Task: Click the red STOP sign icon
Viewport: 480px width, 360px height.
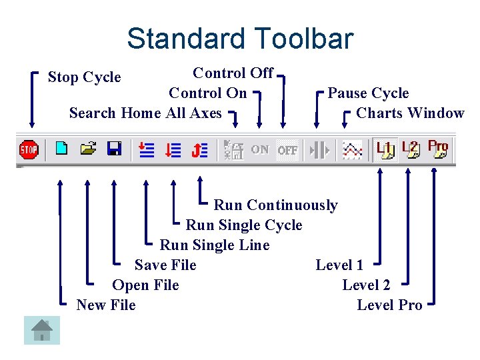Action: coord(29,149)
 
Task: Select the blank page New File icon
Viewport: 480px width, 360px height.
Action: coord(61,149)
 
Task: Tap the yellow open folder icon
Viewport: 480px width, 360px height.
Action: coord(88,149)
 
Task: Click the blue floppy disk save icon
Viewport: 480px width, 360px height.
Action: coord(114,149)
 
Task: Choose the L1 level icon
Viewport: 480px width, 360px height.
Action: coord(385,149)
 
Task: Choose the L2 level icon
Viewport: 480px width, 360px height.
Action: coord(411,149)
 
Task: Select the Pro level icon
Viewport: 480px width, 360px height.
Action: coord(438,149)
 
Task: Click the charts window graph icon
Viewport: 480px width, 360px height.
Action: coord(351,149)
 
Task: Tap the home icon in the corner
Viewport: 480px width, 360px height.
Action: coord(42,329)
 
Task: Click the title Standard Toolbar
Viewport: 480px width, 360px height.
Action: coord(240,39)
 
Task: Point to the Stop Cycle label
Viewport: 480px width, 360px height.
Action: coord(85,77)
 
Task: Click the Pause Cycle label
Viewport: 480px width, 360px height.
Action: coord(368,93)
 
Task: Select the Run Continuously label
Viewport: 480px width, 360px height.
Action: coord(275,205)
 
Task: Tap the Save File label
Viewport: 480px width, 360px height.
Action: coord(165,265)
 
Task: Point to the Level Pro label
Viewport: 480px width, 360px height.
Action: coord(389,305)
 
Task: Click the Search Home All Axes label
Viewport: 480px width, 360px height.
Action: coord(145,113)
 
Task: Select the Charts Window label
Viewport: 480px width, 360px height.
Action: coord(410,113)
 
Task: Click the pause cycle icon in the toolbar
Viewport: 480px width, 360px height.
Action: coord(320,149)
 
